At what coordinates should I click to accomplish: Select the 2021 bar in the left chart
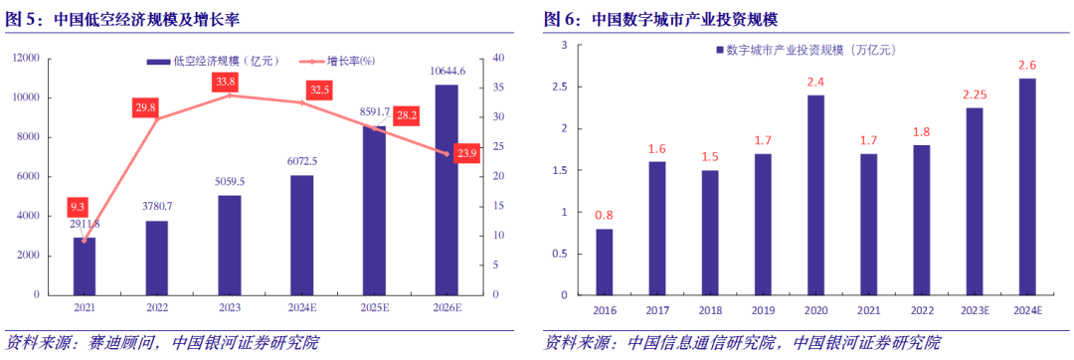(x=85, y=267)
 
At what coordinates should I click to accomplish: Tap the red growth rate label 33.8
(x=226, y=82)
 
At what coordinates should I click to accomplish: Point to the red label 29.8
(x=146, y=106)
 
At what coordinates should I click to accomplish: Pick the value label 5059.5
(x=229, y=182)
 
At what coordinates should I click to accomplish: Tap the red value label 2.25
(x=975, y=94)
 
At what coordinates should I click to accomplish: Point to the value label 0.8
(x=604, y=215)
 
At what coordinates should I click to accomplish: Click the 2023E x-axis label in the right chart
(x=975, y=309)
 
